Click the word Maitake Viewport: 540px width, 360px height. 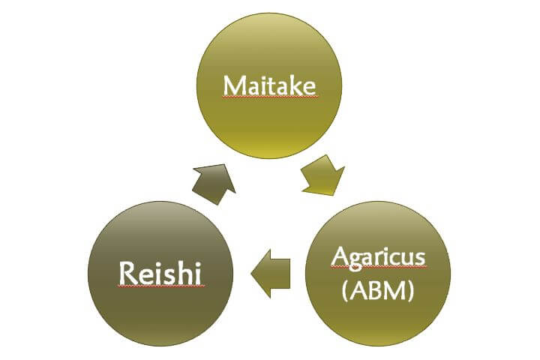(x=269, y=85)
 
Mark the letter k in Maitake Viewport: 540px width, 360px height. (x=291, y=85)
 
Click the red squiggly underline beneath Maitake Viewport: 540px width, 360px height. (x=269, y=97)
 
